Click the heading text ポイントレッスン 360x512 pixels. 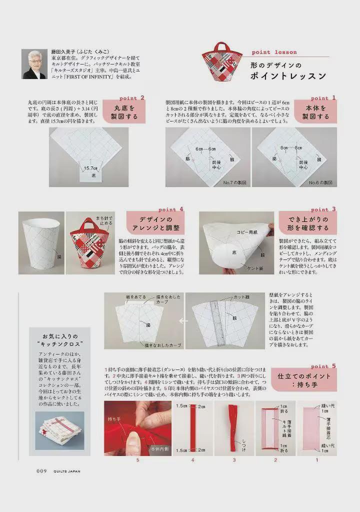288,76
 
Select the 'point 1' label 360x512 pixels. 323,98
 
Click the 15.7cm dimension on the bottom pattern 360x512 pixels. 91,168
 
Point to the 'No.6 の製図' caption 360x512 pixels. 320,183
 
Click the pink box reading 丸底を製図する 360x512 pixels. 124,112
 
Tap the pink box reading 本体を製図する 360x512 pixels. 315,112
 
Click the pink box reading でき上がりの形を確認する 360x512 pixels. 307,223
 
